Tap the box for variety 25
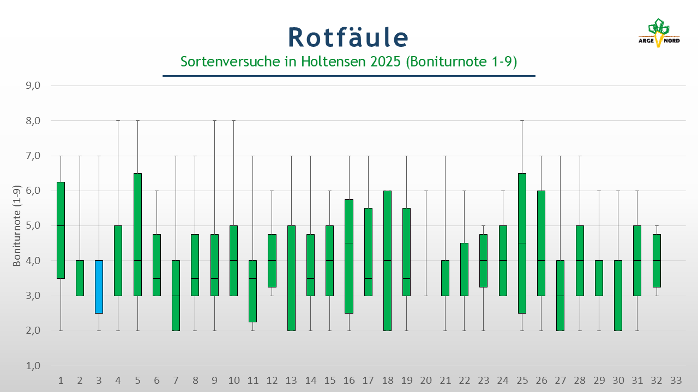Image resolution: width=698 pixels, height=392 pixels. (x=522, y=243)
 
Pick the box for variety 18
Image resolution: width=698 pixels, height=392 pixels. (x=388, y=260)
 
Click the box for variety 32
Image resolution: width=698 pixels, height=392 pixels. (x=657, y=260)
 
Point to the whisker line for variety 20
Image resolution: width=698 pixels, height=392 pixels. (x=426, y=243)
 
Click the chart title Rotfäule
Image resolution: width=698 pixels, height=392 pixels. (x=348, y=37)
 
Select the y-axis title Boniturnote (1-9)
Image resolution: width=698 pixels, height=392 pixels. (x=17, y=225)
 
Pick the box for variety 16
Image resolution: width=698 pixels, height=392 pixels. (x=349, y=256)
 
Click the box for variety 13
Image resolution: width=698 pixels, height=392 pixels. (x=291, y=278)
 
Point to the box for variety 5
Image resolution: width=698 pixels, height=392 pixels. (x=137, y=234)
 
